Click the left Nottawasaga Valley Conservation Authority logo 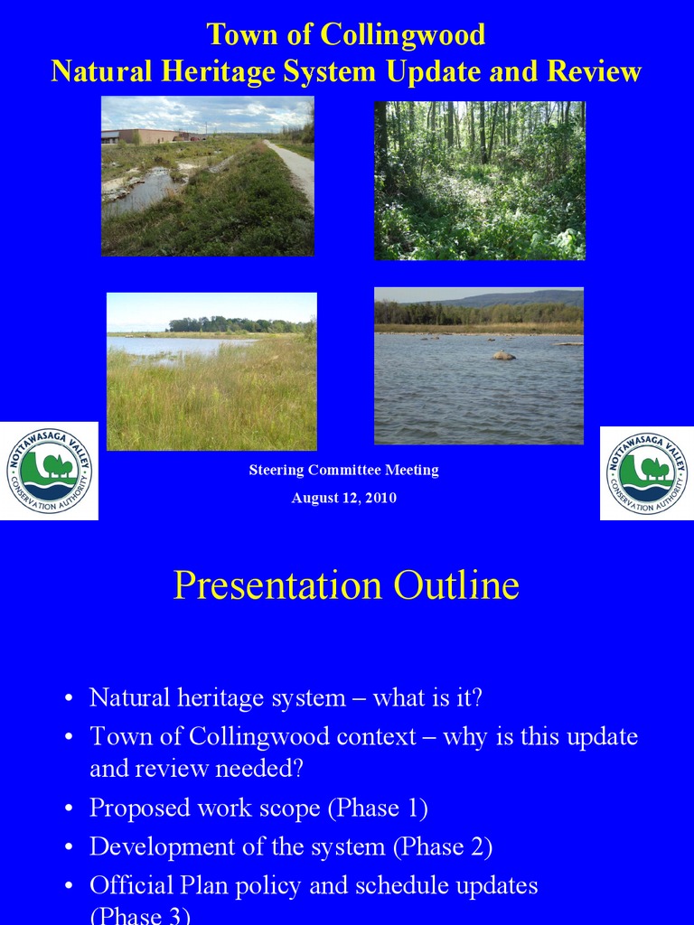pos(49,472)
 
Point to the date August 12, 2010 pos(343,498)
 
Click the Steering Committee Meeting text pos(343,470)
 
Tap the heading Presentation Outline pos(346,585)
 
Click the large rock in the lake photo pos(503,355)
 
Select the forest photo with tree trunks pos(480,181)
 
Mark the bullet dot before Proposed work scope pos(69,809)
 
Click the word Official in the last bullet pos(127,885)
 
